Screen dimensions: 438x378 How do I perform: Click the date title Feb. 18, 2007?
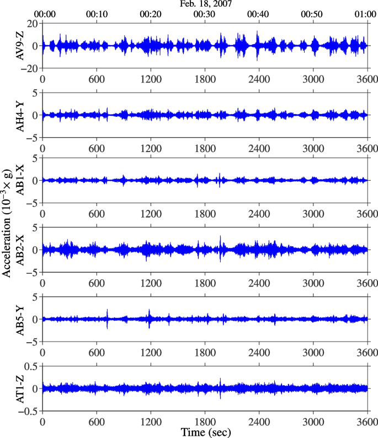point(205,4)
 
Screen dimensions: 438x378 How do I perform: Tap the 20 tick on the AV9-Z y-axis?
point(31,23)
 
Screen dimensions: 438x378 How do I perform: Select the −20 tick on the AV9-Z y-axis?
point(27,68)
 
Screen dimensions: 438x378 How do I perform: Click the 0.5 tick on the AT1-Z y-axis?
point(29,366)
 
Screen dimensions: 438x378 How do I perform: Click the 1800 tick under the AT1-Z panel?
point(205,420)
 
